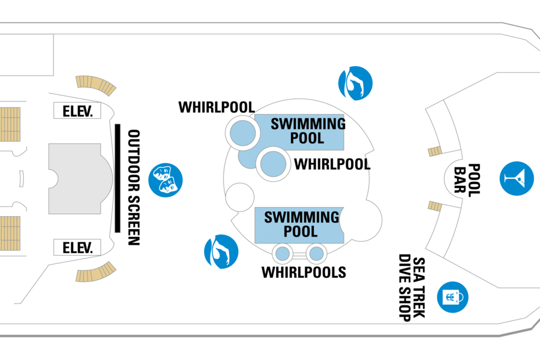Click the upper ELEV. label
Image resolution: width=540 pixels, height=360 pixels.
point(77,111)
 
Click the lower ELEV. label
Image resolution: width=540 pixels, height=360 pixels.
point(77,248)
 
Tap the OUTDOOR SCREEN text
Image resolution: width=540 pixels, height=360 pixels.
point(134,187)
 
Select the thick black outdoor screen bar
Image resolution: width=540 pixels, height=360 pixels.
point(118,178)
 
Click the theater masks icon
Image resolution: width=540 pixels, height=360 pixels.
point(166,180)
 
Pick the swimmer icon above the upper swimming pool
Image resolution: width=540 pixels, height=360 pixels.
point(355,83)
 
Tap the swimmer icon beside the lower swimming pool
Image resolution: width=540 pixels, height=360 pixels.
point(221,251)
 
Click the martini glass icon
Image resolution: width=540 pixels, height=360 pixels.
point(517,178)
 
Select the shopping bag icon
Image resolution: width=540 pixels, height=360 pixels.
point(452,298)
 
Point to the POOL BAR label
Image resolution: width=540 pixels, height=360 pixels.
point(467,180)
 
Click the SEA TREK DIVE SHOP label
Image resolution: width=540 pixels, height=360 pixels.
point(412,287)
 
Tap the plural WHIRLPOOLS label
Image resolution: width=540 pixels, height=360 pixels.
point(304,272)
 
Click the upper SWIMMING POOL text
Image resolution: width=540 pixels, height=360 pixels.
point(308,131)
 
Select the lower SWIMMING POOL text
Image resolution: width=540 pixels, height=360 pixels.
point(301,224)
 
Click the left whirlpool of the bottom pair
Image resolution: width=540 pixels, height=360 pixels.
point(283,254)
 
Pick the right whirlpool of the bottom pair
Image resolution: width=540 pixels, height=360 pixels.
point(316,254)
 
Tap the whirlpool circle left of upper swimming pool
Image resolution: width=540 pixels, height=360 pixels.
point(243,133)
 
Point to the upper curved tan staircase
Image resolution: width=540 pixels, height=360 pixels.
point(96,85)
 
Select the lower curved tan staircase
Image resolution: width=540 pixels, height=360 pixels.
point(96,272)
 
